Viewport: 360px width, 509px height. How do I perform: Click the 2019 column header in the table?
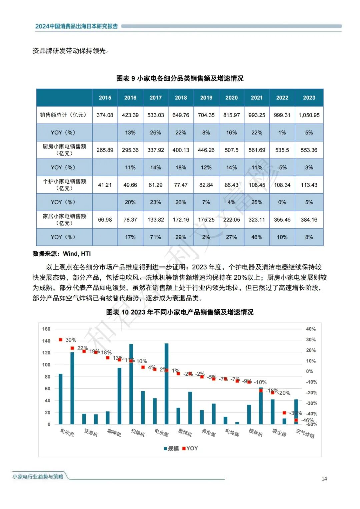click(206, 98)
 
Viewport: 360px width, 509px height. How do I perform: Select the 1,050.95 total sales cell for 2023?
click(309, 115)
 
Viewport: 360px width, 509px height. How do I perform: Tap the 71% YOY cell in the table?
click(155, 237)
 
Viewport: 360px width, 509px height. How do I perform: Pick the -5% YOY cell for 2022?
click(282, 167)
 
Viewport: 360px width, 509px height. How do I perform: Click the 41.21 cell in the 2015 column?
click(105, 185)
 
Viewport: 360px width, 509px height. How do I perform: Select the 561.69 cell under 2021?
click(257, 150)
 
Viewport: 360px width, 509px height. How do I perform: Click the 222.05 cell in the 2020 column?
click(231, 220)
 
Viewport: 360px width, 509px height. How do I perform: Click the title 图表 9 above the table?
click(180, 78)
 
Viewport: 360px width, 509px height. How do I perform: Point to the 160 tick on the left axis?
click(46, 329)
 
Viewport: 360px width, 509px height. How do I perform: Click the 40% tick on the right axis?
click(311, 329)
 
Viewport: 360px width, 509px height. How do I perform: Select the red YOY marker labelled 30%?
click(61, 340)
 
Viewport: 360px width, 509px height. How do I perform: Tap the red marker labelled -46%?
click(296, 420)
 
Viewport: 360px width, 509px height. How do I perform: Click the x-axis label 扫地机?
click(138, 433)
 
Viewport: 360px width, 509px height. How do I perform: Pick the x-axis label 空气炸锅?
click(305, 433)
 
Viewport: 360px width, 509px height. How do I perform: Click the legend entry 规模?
click(171, 448)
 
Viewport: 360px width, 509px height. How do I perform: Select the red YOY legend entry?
click(190, 448)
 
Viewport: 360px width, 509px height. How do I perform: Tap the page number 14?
click(324, 478)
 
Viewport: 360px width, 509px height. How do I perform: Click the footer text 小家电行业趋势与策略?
click(38, 477)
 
